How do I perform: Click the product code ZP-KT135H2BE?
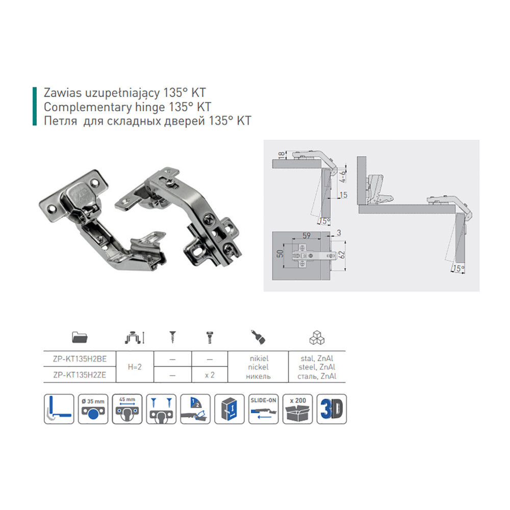click(x=80, y=359)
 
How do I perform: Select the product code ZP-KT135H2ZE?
click(x=80, y=375)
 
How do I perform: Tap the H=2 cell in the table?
click(x=135, y=367)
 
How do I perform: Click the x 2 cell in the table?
click(x=210, y=375)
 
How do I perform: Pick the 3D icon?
click(x=332, y=409)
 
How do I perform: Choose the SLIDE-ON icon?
click(x=264, y=409)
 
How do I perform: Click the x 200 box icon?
click(x=298, y=409)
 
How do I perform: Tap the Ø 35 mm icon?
click(x=93, y=409)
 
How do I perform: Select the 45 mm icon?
click(x=127, y=409)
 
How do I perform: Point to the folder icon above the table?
click(x=80, y=338)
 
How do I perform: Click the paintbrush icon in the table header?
click(x=258, y=337)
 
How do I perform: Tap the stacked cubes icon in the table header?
click(x=317, y=338)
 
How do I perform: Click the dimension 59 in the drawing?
click(x=307, y=236)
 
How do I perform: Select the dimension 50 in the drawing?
click(x=280, y=253)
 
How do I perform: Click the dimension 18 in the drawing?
click(x=282, y=155)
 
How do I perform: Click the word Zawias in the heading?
click(x=62, y=93)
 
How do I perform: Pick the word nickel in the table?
click(x=258, y=367)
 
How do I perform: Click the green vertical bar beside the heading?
click(x=35, y=106)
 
